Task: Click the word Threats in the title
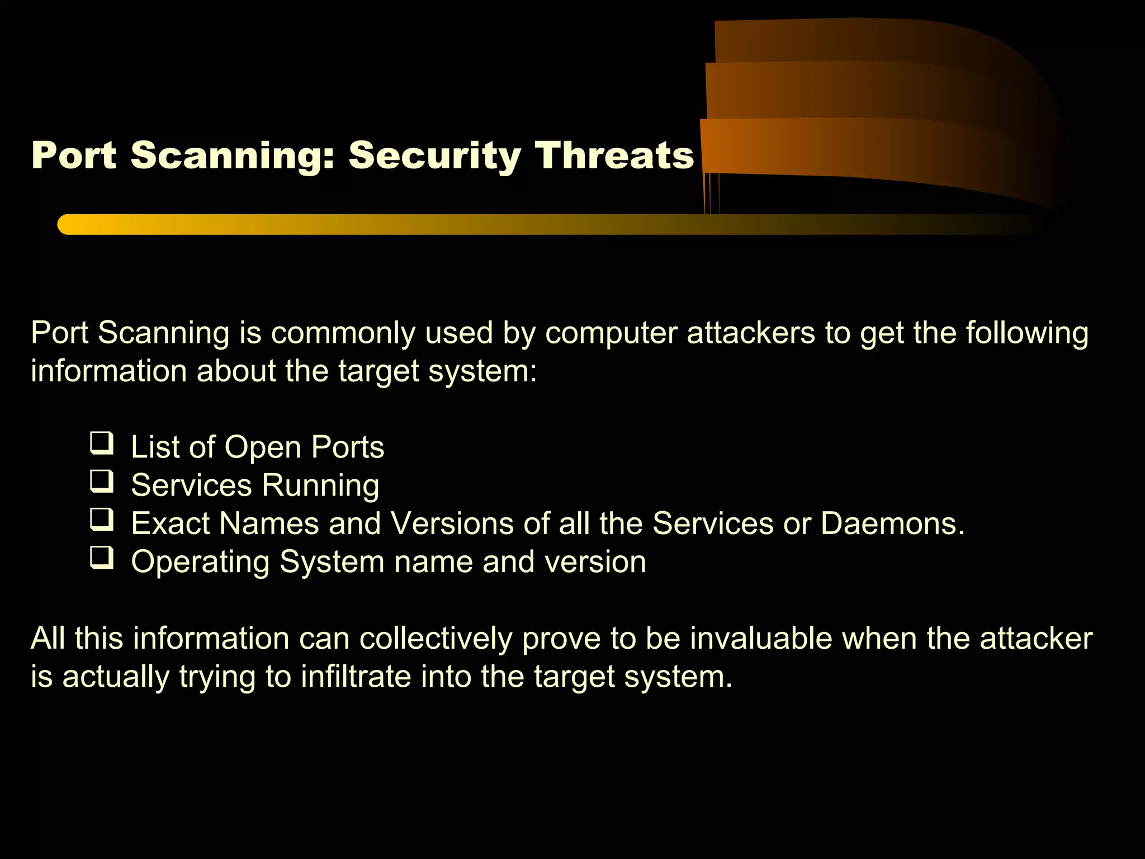pos(613,155)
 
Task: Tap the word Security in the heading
pos(434,156)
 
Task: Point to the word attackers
pos(751,333)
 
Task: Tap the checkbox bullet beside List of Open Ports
pos(102,443)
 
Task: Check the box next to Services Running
pos(102,482)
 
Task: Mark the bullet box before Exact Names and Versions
pos(102,520)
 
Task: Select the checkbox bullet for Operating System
pos(102,558)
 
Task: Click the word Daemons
pos(892,523)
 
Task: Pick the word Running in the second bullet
pos(321,485)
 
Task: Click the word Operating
pos(200,562)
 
